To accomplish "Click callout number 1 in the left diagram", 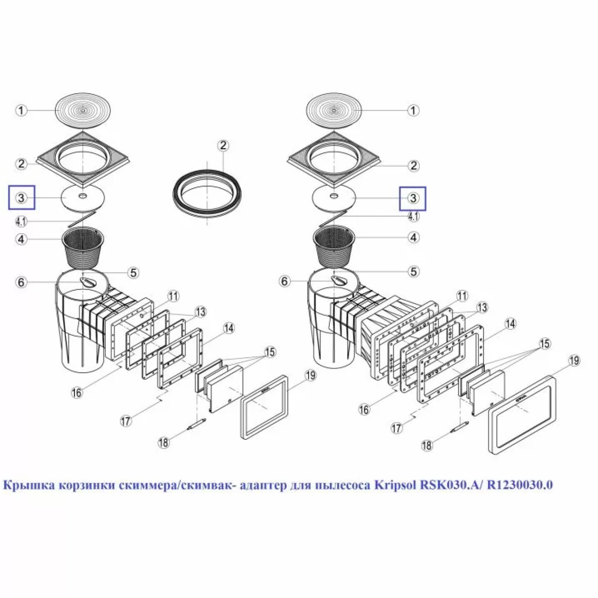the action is [22, 110].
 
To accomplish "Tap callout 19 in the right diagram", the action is [574, 361].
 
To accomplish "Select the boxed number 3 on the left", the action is [22, 198].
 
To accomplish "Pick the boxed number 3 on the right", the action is [413, 198].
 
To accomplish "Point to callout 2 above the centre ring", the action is [224, 145].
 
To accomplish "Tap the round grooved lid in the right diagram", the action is [334, 110].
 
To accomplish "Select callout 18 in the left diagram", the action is [164, 442].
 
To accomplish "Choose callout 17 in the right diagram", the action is [396, 428].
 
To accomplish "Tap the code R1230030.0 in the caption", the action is [520, 485].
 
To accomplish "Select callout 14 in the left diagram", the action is [229, 328].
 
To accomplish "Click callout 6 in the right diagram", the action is [285, 282].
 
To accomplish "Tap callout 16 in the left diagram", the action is [77, 392].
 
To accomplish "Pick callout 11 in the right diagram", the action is [462, 296].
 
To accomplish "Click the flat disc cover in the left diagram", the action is [83, 199].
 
